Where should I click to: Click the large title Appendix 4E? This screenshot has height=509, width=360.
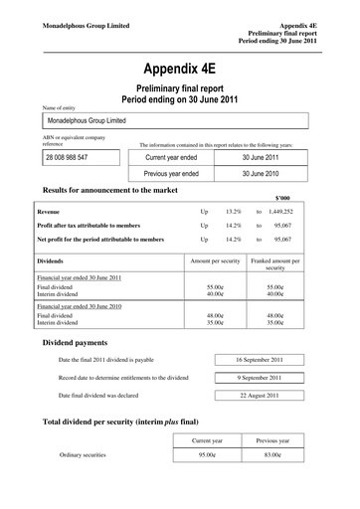point(179,70)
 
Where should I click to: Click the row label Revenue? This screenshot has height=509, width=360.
point(49,212)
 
